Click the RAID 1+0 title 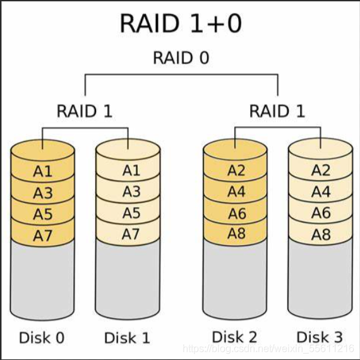[x=181, y=23]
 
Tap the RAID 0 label [x=181, y=57]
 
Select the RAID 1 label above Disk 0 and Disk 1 [x=85, y=111]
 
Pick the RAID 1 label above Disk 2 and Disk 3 [x=277, y=111]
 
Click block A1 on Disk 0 [x=43, y=171]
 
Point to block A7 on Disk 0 [x=43, y=236]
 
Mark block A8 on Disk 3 [x=321, y=234]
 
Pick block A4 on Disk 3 [x=321, y=191]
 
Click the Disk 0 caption [x=42, y=338]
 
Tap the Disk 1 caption [x=127, y=338]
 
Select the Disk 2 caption [x=234, y=337]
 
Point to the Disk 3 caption [x=320, y=337]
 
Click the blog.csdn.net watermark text [x=268, y=349]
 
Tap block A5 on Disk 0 [x=43, y=214]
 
